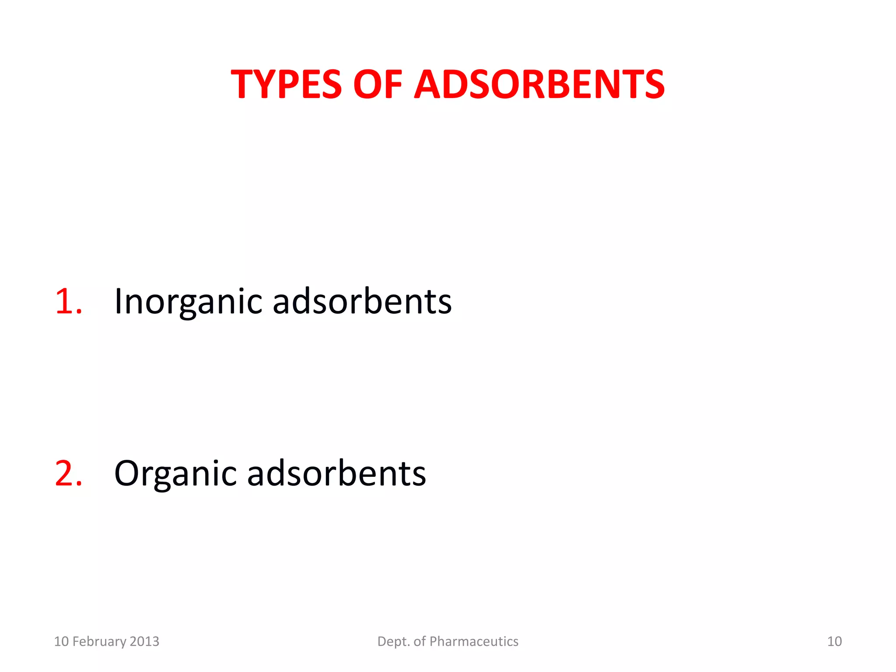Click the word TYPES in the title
286,84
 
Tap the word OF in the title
377,84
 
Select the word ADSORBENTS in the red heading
539,84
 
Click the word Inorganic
188,302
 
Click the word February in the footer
99,641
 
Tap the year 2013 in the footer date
145,641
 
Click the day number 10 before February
61,641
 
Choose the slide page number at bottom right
834,641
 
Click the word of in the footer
420,641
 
